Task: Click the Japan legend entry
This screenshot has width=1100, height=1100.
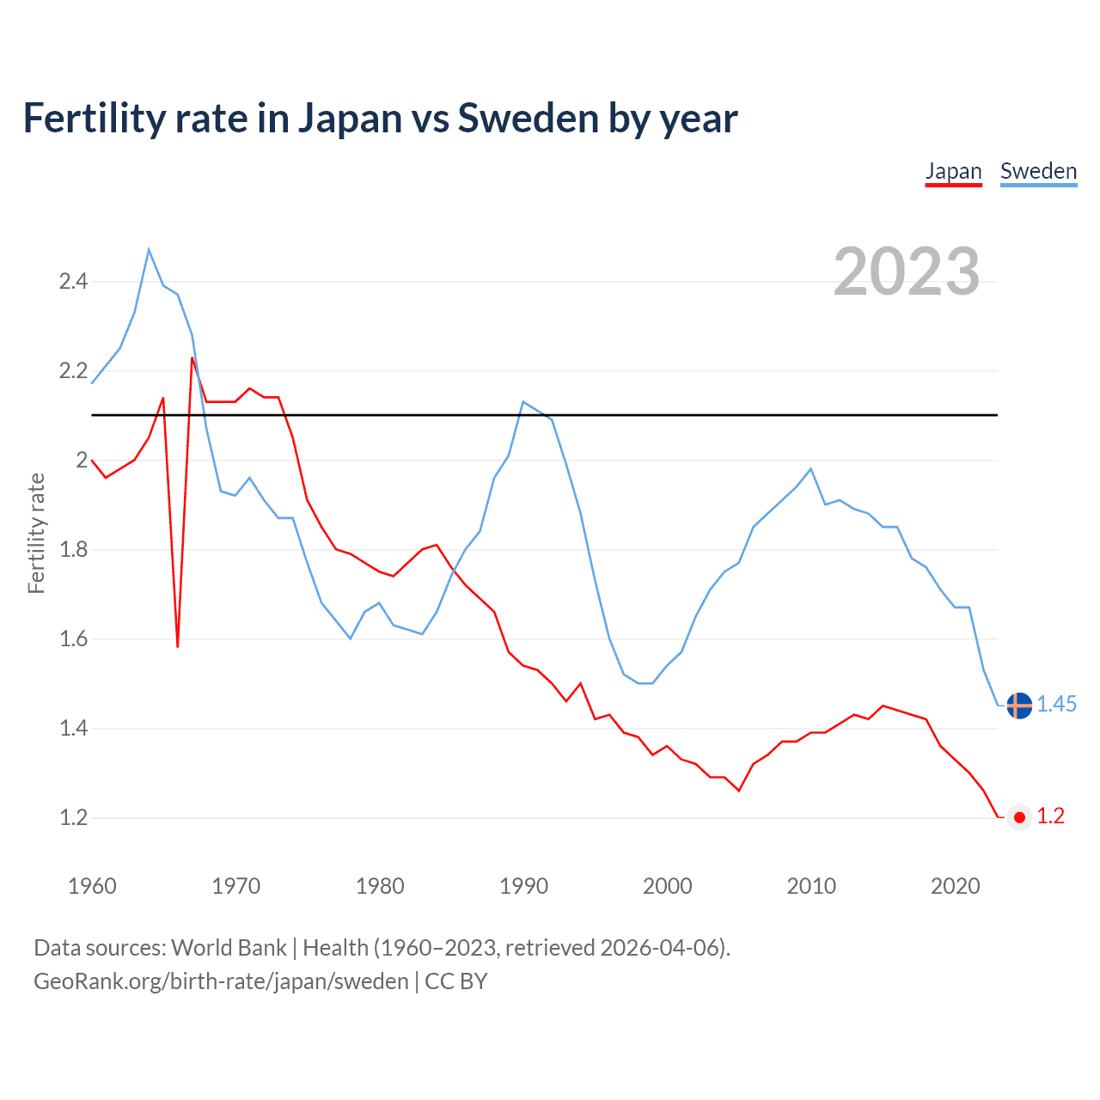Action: (x=953, y=171)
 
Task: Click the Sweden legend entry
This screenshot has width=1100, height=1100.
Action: (x=1038, y=171)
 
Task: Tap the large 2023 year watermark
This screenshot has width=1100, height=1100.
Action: (x=907, y=272)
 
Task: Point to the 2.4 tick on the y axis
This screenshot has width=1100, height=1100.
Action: (x=73, y=282)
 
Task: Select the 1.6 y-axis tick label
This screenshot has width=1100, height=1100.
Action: (x=73, y=639)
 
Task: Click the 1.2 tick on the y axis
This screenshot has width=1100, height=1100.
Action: (x=73, y=817)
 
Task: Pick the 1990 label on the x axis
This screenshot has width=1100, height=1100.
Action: (x=523, y=886)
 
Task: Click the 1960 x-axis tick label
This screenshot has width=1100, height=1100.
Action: (x=92, y=886)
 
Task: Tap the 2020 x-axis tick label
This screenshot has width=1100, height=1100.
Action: (x=955, y=886)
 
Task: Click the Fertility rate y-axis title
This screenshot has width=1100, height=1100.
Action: (x=36, y=533)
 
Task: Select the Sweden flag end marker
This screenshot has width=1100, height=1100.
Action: (x=1019, y=706)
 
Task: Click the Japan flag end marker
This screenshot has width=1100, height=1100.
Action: (x=1019, y=817)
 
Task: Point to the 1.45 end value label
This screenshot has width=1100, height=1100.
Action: (x=1056, y=705)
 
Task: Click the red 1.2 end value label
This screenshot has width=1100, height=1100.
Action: (x=1050, y=816)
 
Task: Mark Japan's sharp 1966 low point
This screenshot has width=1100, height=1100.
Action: (x=178, y=645)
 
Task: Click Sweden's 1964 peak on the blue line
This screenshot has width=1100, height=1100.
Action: (x=149, y=250)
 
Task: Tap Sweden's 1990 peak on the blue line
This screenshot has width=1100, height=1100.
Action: (x=523, y=402)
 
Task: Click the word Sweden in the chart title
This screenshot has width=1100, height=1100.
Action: (x=528, y=119)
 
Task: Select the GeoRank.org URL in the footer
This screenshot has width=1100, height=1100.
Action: (x=221, y=981)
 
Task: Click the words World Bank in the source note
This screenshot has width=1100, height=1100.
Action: (x=229, y=948)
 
